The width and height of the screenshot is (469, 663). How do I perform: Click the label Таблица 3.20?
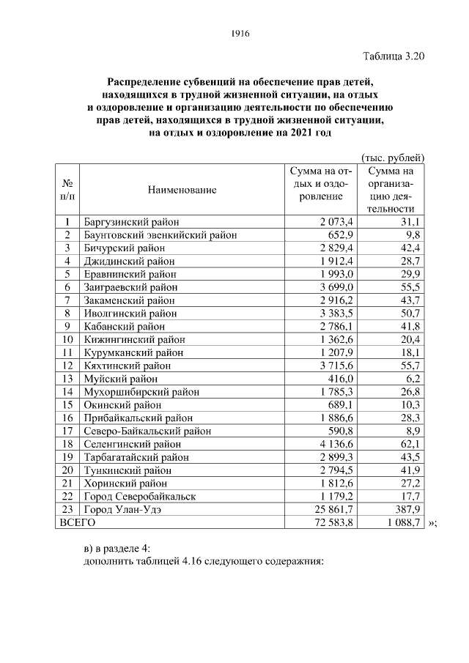point(393,55)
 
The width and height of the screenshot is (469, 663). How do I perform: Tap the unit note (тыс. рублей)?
point(393,157)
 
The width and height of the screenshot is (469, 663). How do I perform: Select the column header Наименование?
point(182,190)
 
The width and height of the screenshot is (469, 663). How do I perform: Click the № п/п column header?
point(67,190)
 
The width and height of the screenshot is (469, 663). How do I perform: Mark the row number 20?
point(67,470)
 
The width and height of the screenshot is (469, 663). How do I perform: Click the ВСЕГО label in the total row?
point(77,523)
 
